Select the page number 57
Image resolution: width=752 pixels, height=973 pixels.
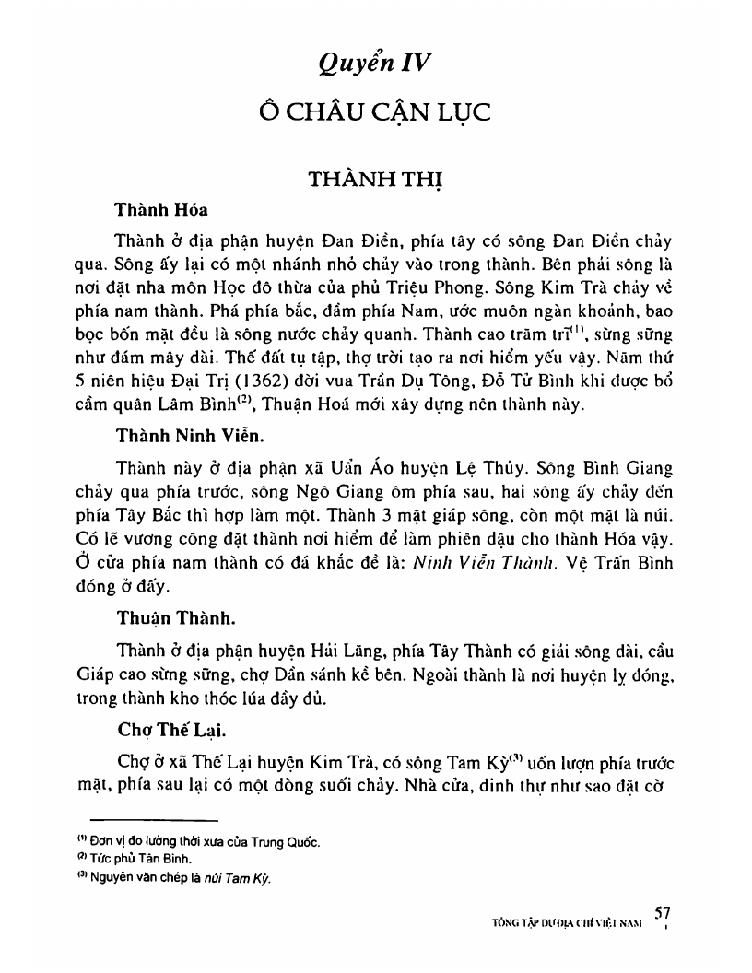tap(661, 911)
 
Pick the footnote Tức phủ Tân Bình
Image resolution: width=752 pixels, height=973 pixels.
tap(148, 860)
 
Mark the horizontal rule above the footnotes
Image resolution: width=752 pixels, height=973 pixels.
tap(153, 819)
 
